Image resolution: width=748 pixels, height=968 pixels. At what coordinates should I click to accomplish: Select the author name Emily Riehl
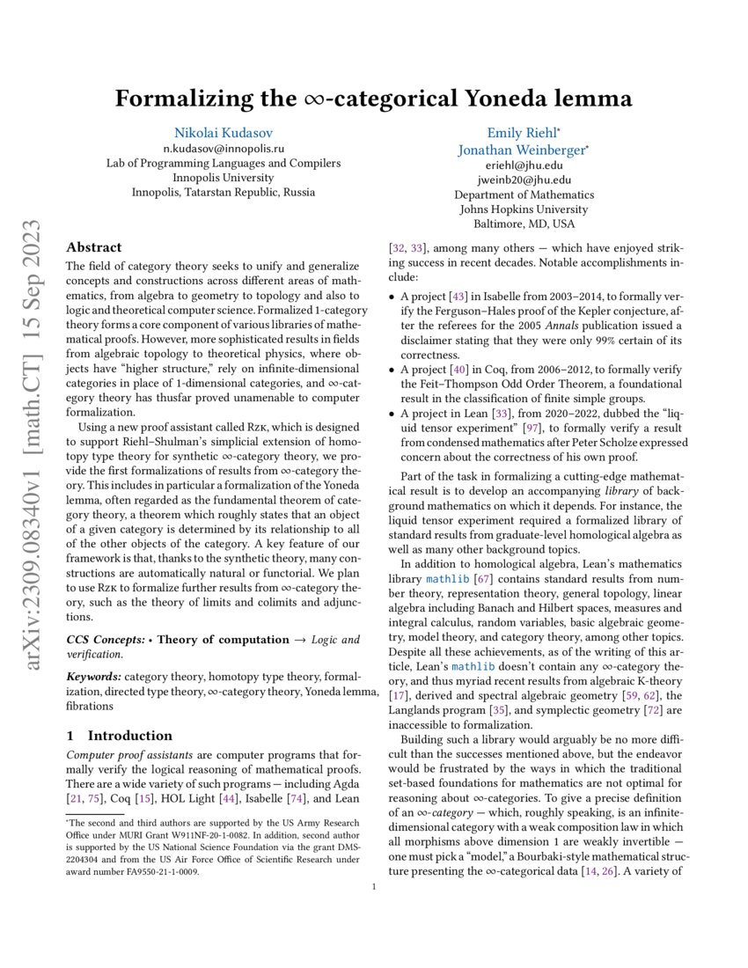coord(522,133)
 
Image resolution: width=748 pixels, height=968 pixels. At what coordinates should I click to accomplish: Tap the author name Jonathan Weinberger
coord(522,150)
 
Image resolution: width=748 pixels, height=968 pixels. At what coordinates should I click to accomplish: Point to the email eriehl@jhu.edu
coord(524,165)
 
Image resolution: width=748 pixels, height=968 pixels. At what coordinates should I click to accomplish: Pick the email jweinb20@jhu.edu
coord(524,180)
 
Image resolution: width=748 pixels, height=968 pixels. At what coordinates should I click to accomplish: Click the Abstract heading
coord(94,247)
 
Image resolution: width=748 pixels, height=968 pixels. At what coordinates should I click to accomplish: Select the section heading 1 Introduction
coord(120,735)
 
